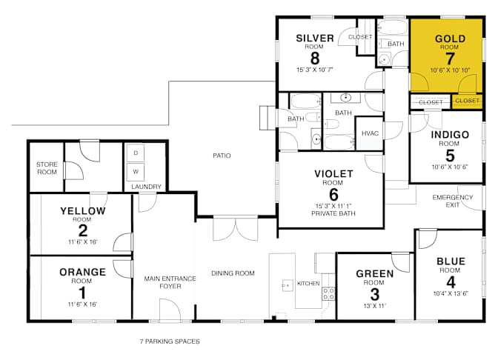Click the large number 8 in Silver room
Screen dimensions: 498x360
[315, 59]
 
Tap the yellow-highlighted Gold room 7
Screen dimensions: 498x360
[446, 56]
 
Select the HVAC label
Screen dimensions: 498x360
[370, 133]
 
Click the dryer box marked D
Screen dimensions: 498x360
[136, 153]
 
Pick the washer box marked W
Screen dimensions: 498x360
[136, 172]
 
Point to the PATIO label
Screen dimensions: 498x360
[222, 156]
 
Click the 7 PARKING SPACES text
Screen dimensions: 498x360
[170, 341]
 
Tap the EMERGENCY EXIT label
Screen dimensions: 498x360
[453, 201]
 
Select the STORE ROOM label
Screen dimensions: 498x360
[47, 168]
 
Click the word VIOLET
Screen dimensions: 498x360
[333, 173]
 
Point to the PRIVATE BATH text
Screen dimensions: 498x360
[333, 213]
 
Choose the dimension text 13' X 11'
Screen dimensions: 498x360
[375, 306]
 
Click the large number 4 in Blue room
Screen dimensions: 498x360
[451, 282]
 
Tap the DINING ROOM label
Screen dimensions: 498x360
[233, 273]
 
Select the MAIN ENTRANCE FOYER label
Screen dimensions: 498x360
[170, 282]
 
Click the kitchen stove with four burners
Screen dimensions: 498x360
[328, 293]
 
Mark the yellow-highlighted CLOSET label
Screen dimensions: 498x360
[467, 101]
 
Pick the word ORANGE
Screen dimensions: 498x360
[82, 272]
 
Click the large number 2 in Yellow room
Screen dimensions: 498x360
[83, 231]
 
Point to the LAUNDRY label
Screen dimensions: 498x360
[147, 187]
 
